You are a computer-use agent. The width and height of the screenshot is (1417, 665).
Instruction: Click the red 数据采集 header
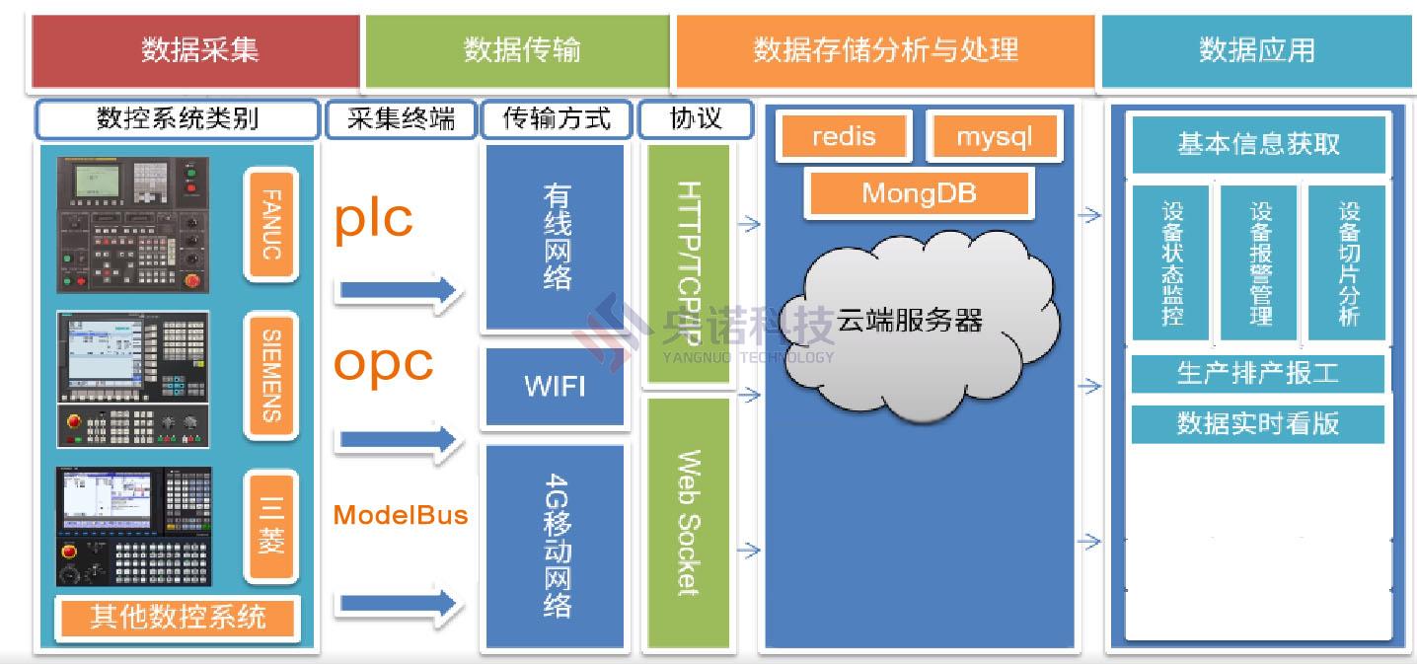click(195, 50)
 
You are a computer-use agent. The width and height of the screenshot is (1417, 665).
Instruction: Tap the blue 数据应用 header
click(1256, 50)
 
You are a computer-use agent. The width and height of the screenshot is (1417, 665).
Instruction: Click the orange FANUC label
click(270, 224)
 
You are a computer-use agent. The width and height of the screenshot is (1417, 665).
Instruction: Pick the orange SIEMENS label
click(270, 375)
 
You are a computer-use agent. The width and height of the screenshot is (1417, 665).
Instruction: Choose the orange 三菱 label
click(270, 525)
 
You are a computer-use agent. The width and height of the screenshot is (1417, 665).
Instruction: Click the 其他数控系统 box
click(178, 618)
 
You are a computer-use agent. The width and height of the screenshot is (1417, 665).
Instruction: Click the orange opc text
click(383, 362)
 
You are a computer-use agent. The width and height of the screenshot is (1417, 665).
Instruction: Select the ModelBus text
click(400, 515)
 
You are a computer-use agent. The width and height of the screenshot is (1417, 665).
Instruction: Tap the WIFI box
click(554, 385)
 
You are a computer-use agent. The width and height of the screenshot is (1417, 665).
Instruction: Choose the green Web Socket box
click(688, 523)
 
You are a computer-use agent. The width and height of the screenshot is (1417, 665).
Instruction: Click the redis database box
click(843, 136)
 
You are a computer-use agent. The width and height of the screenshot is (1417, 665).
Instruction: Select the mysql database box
click(993, 136)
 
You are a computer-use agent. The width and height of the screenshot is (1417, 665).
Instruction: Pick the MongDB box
click(919, 192)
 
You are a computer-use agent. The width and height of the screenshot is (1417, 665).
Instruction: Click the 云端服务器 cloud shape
click(913, 321)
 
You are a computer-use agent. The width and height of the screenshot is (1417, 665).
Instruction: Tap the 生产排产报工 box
click(1257, 374)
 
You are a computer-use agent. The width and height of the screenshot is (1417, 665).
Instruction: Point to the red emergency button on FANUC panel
click(191, 280)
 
